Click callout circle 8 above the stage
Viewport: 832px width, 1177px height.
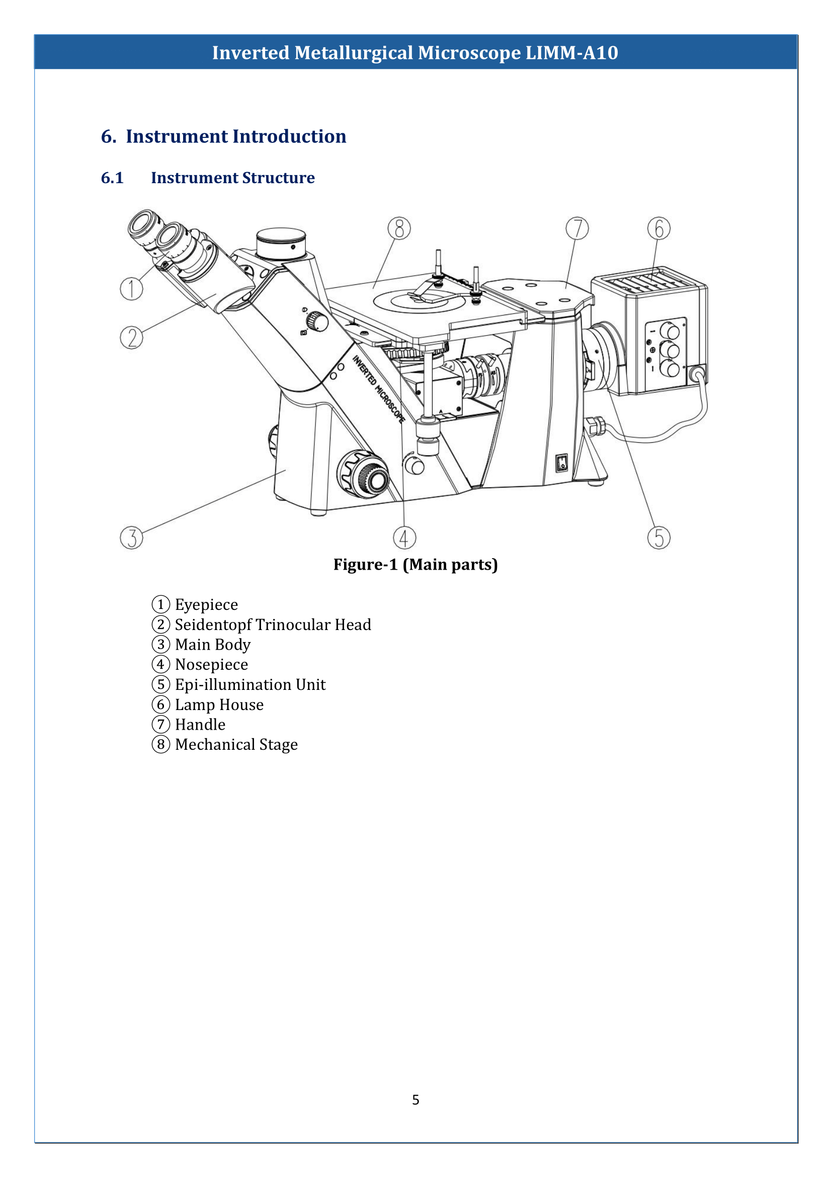[399, 228]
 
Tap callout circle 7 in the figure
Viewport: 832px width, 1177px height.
[577, 228]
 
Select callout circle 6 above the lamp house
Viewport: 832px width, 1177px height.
[659, 228]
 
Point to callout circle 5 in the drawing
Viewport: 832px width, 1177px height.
[659, 538]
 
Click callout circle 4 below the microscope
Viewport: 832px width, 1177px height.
[404, 538]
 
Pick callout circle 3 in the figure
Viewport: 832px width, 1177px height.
[132, 538]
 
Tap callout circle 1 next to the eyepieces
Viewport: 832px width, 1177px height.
[132, 289]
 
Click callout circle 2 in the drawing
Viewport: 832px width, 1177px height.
[132, 338]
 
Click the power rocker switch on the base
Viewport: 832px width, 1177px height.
[562, 463]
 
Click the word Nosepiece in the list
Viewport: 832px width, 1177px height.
[211, 665]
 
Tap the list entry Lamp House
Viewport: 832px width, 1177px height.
[219, 705]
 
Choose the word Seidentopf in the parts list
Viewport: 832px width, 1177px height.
[213, 625]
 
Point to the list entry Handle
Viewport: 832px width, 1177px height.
[200, 725]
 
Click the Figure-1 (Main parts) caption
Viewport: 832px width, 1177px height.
[415, 565]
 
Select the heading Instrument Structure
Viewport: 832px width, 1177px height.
[232, 178]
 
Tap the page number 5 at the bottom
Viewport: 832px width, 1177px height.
[415, 1100]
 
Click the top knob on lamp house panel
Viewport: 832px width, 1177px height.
[669, 331]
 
